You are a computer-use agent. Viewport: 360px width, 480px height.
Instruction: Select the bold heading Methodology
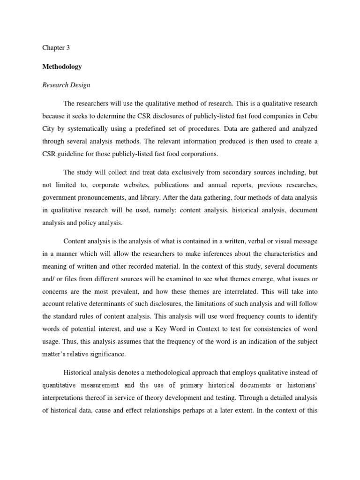point(62,67)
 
